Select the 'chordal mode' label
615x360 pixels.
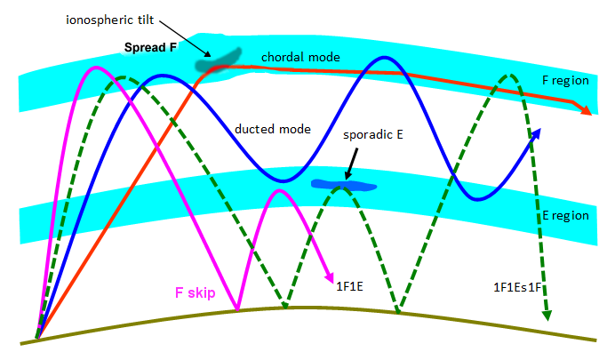point(301,57)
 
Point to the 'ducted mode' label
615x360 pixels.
point(273,129)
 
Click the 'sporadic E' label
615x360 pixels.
point(372,139)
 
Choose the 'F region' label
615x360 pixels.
point(565,80)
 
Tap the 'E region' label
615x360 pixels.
point(565,216)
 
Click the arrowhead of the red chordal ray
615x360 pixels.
point(587,110)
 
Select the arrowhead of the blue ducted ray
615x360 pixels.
point(536,133)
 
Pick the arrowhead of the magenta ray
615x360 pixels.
point(329,274)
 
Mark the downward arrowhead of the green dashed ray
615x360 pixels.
point(547,316)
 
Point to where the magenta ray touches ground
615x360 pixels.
point(238,310)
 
